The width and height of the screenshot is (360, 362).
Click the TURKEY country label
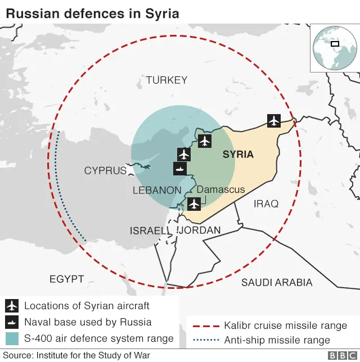click(x=166, y=80)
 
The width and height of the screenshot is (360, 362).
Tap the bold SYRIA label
click(x=238, y=154)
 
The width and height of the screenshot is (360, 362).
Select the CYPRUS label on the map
click(x=105, y=170)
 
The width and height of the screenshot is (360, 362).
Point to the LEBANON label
click(x=157, y=191)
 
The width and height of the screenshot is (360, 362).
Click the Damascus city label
click(x=220, y=189)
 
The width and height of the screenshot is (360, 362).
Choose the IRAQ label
click(x=266, y=203)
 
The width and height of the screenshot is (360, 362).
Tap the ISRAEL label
click(x=149, y=230)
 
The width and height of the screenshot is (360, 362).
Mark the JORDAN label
click(x=200, y=230)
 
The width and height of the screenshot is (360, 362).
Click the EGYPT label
click(x=66, y=279)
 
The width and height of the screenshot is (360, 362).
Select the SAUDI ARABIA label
click(x=277, y=282)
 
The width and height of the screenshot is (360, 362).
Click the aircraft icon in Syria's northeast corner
click(x=274, y=120)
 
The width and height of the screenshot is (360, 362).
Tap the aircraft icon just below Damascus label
click(x=194, y=203)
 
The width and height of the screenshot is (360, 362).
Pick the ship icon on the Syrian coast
click(x=180, y=169)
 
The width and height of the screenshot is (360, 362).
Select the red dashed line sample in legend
click(x=205, y=325)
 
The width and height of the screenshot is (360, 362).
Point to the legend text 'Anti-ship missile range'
click(x=277, y=340)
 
